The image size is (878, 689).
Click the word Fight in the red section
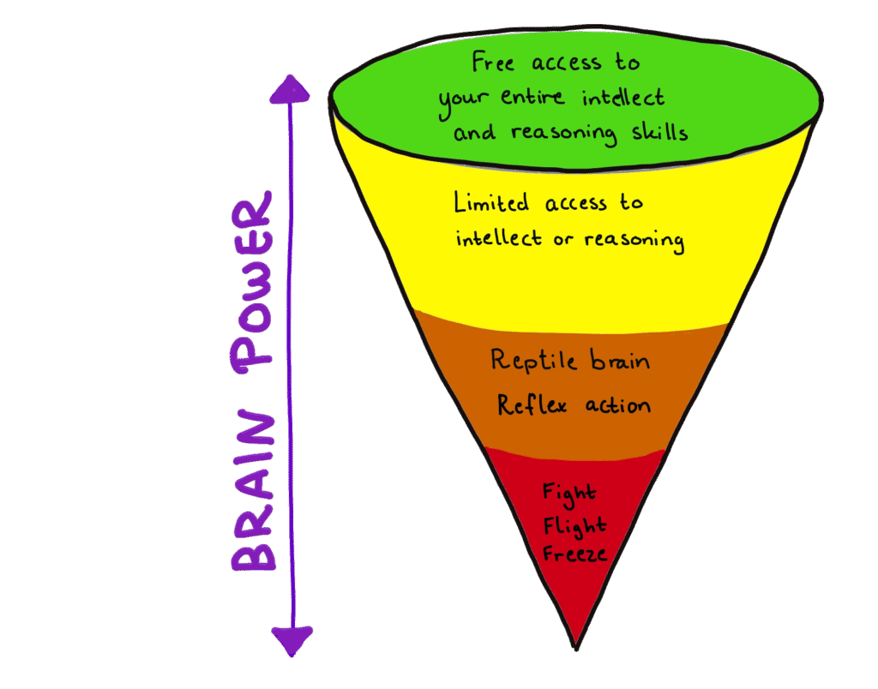click(569, 494)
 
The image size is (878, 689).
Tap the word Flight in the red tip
click(574, 524)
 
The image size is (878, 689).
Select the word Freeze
click(574, 554)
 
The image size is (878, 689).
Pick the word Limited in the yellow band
click(492, 204)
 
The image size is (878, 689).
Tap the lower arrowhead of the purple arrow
click(292, 638)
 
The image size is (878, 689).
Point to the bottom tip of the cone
click(576, 644)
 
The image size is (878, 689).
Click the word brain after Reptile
click(619, 361)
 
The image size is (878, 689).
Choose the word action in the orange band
click(617, 404)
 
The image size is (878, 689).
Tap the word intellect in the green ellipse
click(623, 97)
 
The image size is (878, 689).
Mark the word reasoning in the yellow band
click(634, 240)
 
